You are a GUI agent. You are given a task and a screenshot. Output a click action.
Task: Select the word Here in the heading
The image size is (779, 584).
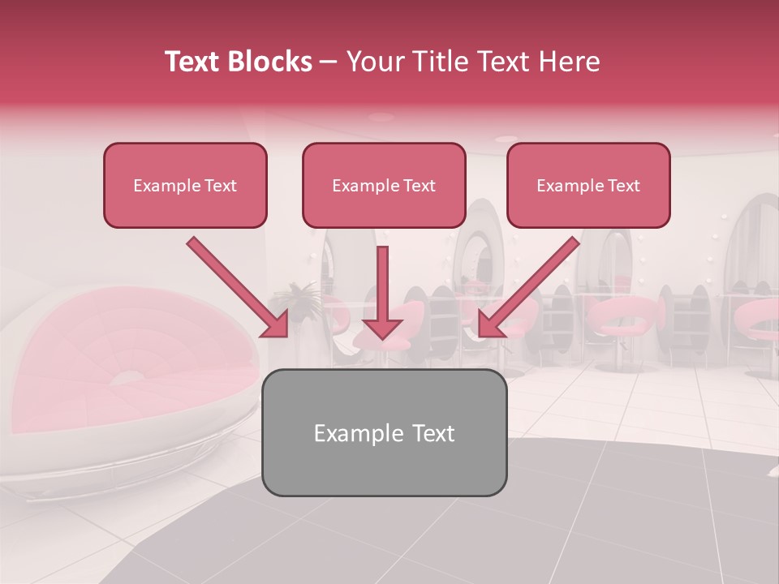567,62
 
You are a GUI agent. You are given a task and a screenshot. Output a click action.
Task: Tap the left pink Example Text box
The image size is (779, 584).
185,186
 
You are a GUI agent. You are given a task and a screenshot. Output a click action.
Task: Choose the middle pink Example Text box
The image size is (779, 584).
384,186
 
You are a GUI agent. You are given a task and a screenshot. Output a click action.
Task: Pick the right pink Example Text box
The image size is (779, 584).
588,186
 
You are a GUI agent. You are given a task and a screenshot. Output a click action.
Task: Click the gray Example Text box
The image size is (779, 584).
384,432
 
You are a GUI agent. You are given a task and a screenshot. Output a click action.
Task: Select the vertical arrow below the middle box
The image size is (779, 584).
382,292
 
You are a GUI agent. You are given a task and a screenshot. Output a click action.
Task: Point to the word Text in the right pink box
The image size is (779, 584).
624,186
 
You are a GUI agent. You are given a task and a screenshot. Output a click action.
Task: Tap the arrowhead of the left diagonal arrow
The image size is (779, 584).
274,324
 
